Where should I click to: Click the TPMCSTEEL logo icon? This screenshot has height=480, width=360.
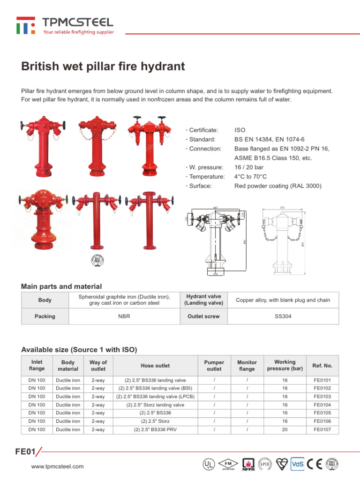pos(25,25)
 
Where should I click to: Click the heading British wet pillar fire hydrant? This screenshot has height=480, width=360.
pos(103,67)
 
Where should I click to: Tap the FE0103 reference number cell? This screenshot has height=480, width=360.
pos(322,397)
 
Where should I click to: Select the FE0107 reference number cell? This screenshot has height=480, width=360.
pos(322,429)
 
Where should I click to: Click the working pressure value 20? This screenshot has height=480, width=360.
pos(285,429)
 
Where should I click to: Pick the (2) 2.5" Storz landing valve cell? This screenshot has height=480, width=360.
pos(155,405)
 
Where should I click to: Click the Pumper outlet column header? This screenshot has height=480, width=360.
pos(214,366)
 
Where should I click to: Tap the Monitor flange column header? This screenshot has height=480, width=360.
pos(247,366)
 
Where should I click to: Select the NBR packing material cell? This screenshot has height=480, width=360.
pos(124,316)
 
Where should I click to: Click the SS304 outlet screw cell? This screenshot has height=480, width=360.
pos(283,316)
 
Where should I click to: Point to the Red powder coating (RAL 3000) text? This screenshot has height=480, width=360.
pos(277,186)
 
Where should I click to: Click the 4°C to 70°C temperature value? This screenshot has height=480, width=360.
pos(250,177)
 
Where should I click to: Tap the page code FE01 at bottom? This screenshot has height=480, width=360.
pos(25,452)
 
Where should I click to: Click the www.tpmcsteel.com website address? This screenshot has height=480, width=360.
pos(57,466)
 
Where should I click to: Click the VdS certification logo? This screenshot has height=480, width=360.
pos(298,464)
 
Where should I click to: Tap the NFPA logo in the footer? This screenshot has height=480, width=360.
pos(248,464)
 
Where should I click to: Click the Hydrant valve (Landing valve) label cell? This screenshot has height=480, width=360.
pos(203,300)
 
